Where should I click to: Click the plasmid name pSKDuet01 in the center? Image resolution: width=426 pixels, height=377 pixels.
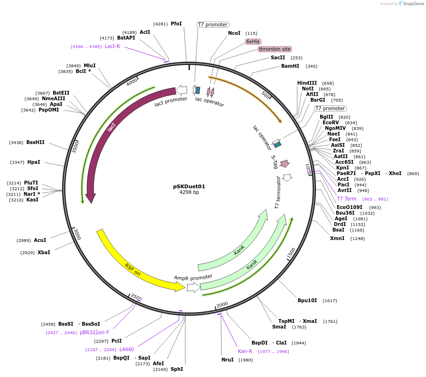(x=189, y=186)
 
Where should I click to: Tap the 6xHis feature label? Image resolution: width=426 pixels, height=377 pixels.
(x=253, y=41)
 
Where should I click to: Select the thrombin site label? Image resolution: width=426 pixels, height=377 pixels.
(x=275, y=49)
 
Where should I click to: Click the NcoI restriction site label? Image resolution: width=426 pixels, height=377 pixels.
(x=234, y=33)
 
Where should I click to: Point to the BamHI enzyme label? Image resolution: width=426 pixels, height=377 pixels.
(x=290, y=66)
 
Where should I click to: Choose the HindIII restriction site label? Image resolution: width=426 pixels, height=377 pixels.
(x=307, y=83)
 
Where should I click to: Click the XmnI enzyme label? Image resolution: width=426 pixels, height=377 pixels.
(x=337, y=238)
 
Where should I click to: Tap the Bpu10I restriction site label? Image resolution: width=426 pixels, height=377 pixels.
(x=308, y=300)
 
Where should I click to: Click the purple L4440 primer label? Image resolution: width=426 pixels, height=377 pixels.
(x=126, y=349)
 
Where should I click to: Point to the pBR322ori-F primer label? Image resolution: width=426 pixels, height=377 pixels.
(x=95, y=332)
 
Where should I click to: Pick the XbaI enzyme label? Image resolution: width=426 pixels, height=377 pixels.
(x=44, y=253)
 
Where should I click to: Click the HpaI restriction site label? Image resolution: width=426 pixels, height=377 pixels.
(x=34, y=162)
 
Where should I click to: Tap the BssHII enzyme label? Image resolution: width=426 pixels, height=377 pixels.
(x=35, y=143)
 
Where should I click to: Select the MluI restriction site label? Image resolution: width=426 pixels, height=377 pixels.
(x=89, y=65)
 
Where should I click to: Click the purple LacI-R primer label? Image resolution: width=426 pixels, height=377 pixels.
(x=112, y=46)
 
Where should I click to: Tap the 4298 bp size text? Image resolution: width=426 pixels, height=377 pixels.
(x=189, y=192)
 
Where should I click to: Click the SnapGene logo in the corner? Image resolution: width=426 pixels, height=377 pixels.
(x=411, y=4)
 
